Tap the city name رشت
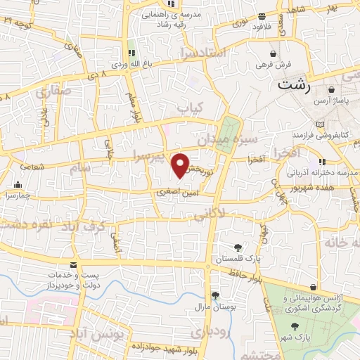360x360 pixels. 292,86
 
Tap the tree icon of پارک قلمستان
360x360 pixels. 238,247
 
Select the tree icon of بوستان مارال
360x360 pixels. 214,296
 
